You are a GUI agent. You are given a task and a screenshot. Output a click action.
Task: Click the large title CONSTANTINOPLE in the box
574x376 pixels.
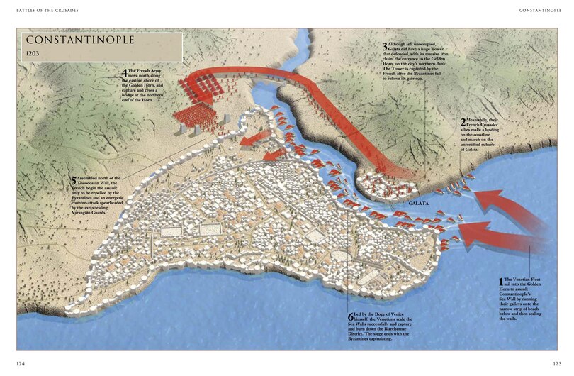80,40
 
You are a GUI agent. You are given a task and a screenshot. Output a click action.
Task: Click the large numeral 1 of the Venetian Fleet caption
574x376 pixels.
501,282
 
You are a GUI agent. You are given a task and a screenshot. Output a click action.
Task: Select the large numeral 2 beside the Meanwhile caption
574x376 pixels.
463,122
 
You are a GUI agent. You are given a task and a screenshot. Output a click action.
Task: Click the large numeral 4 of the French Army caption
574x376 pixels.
125,73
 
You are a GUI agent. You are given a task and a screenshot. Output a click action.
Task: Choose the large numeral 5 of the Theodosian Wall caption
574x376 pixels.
73,179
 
